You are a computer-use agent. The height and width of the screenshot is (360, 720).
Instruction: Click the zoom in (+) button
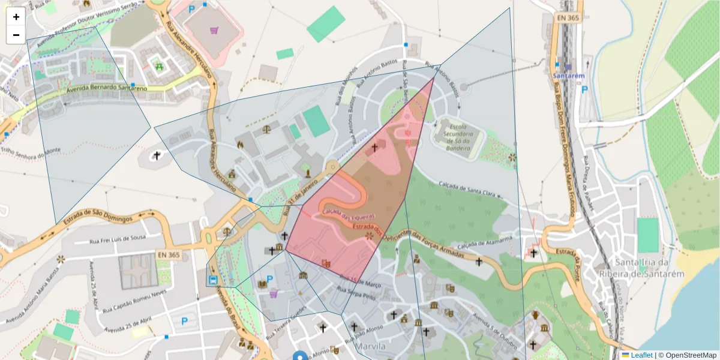pyautogui.click(x=16, y=17)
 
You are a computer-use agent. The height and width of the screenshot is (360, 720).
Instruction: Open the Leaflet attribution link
pyautogui.click(x=641, y=355)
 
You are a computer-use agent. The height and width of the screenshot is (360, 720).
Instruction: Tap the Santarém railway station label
pyautogui.click(x=569, y=77)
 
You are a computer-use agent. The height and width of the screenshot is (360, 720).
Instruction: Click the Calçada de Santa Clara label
pyautogui.click(x=467, y=188)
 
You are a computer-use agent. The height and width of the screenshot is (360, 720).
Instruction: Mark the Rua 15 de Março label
pyautogui.click(x=361, y=281)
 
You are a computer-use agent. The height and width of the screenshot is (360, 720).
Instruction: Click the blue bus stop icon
pyautogui.click(x=213, y=280)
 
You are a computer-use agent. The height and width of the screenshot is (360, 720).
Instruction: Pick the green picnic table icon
pyautogui.click(x=159, y=67)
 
